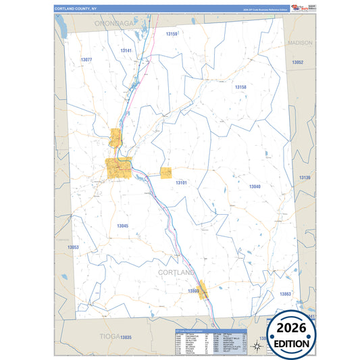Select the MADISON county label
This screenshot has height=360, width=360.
pyautogui.click(x=300, y=43)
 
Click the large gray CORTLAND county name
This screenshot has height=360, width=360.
pyautogui.click(x=178, y=272)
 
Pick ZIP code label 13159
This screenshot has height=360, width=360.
pyautogui.click(x=172, y=34)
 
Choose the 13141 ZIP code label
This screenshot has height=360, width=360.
pyautogui.click(x=126, y=51)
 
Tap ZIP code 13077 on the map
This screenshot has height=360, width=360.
pyautogui.click(x=86, y=60)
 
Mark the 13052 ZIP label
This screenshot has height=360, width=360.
pyautogui.click(x=298, y=62)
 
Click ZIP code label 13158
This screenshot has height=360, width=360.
pyautogui.click(x=240, y=87)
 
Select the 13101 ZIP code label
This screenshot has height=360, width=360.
pyautogui.click(x=181, y=183)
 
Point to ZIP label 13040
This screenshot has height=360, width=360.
pyautogui.click(x=255, y=186)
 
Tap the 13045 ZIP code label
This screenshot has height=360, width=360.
pyautogui.click(x=122, y=226)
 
